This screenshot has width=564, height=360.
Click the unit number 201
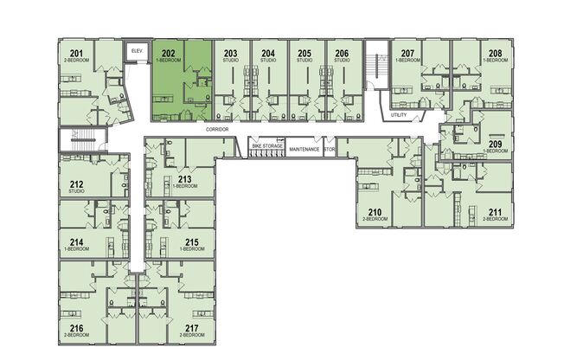pyautogui.click(x=76, y=55)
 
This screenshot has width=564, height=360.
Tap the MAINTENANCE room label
pyautogui.click(x=304, y=149)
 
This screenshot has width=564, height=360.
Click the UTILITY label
pyautogui.click(x=399, y=114)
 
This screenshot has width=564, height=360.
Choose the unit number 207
pyautogui.click(x=407, y=55)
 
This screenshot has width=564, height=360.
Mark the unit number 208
pyautogui.click(x=495, y=55)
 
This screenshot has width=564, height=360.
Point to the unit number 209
pyautogui.click(x=495, y=145)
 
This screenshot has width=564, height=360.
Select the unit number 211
pyautogui.click(x=495, y=212)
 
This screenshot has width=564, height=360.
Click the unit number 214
pyautogui.click(x=76, y=242)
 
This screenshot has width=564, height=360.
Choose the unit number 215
pyautogui.click(x=192, y=242)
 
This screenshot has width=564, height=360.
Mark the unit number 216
pyautogui.click(x=76, y=328)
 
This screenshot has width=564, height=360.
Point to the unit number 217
pyautogui.click(x=192, y=328)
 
